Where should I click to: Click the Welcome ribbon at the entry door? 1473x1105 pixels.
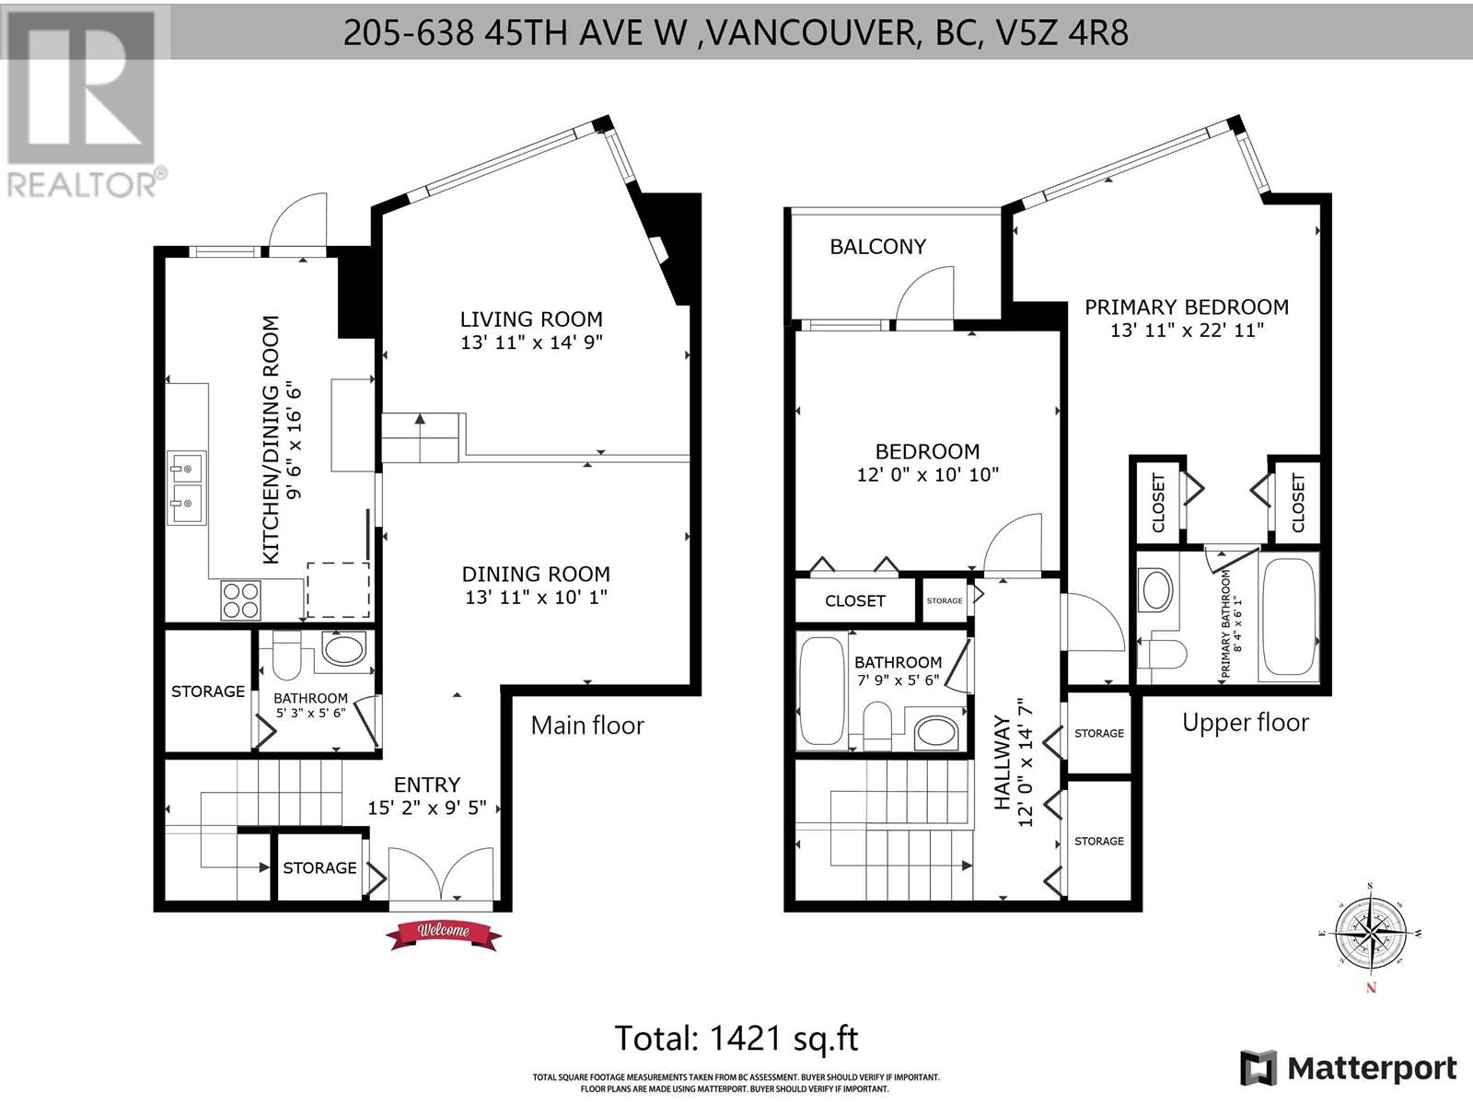444,933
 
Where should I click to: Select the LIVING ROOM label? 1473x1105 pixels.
531,320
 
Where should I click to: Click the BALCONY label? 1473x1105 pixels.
877,247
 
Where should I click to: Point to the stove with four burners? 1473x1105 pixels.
241,599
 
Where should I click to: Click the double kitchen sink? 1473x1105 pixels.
187,488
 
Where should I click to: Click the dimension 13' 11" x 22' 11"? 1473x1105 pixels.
1186,330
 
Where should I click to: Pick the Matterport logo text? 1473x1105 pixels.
1371,1068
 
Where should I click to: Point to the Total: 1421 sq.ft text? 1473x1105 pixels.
736,1038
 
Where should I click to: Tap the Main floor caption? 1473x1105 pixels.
587,726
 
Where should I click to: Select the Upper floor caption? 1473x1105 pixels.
1245,723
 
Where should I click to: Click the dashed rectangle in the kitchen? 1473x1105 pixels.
338,589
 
